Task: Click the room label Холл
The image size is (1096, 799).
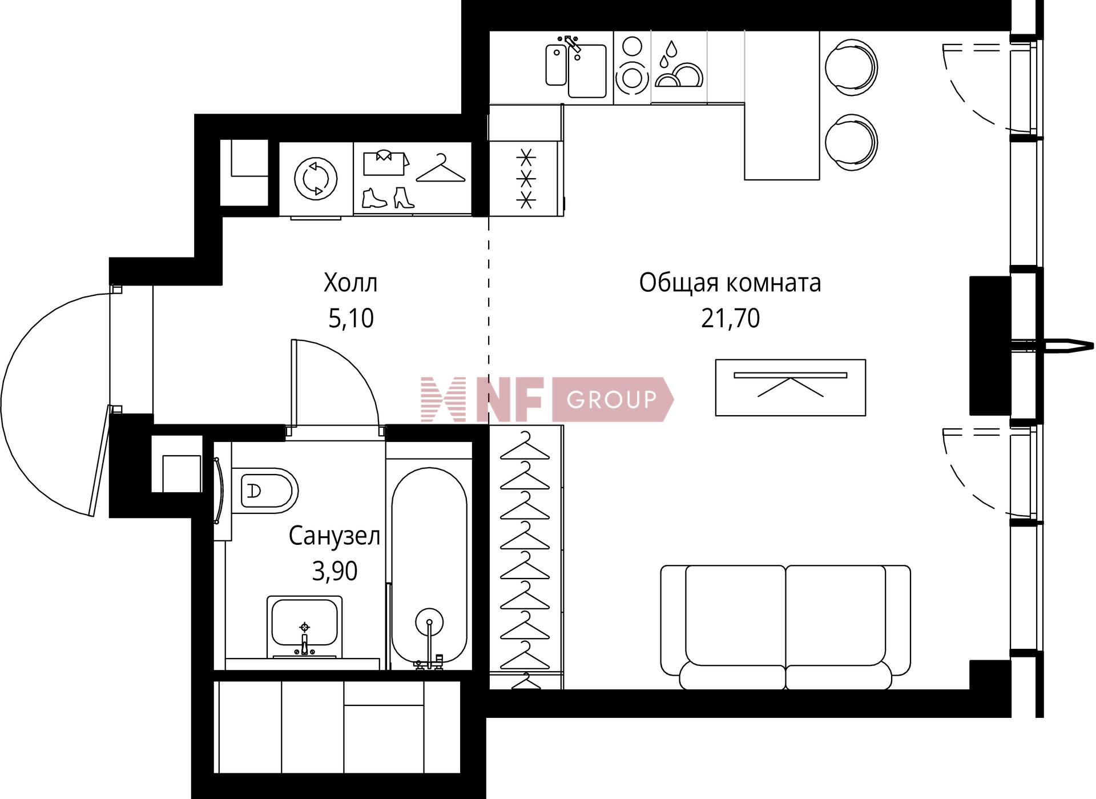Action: tap(350, 283)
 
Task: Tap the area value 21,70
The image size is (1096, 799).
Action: tap(730, 318)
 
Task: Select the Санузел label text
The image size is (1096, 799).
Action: tap(334, 536)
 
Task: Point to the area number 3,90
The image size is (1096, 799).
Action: tap(335, 571)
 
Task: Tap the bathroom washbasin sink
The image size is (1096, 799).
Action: tap(305, 627)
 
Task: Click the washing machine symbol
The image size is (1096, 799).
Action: tap(316, 178)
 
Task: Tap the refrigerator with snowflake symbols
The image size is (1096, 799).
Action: tap(526, 178)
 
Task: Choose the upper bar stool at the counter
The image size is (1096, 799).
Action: tap(851, 67)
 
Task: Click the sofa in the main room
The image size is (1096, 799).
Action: tap(785, 627)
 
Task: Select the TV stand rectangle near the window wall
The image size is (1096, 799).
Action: tap(791, 387)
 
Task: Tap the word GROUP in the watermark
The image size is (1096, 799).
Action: tap(611, 399)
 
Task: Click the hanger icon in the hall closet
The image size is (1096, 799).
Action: tap(441, 168)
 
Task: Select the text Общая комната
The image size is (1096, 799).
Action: tap(730, 283)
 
